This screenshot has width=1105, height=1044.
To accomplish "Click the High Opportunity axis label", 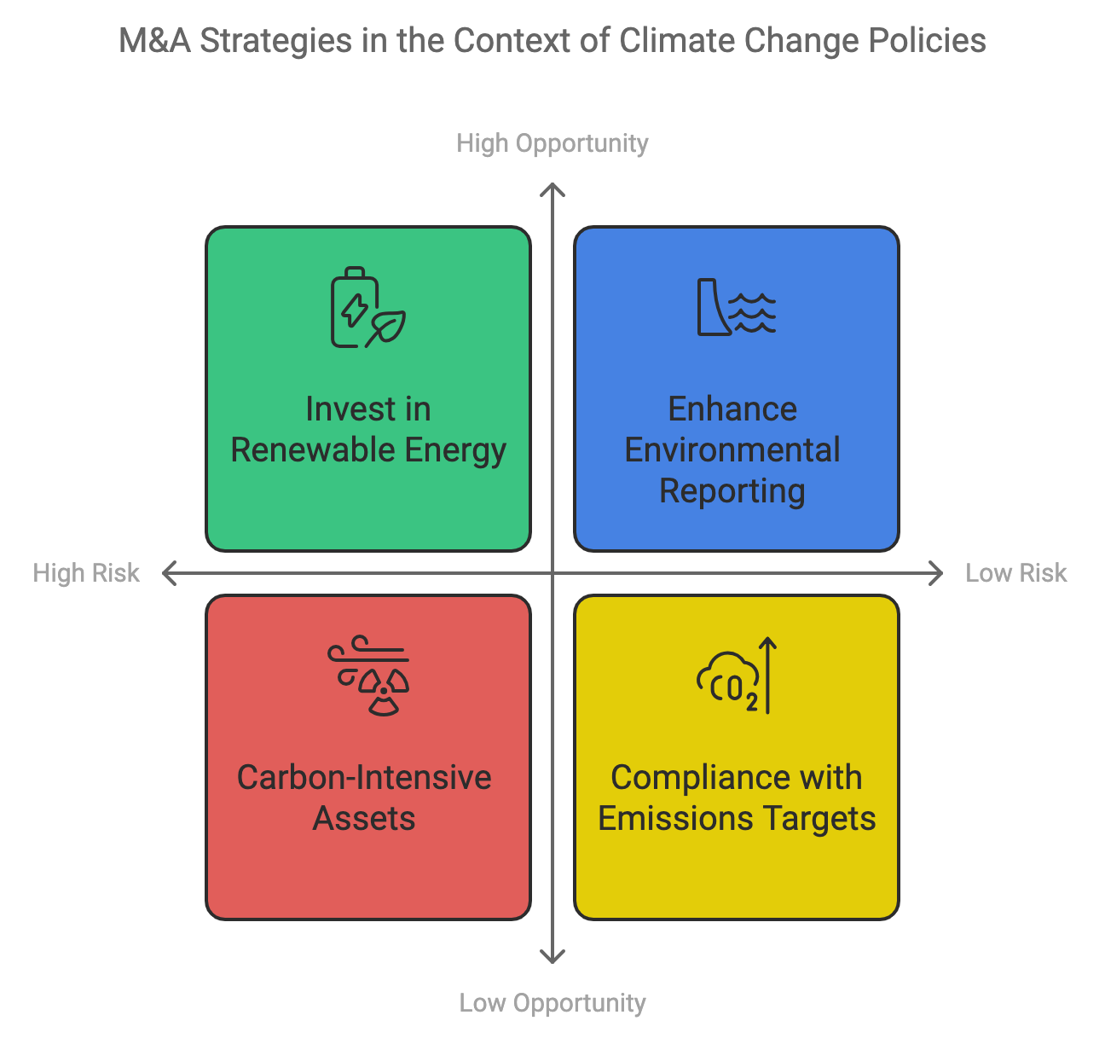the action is click(x=552, y=143).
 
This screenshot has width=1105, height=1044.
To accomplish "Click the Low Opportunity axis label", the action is click(x=552, y=1003).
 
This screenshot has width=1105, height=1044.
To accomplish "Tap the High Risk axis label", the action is click(x=85, y=573).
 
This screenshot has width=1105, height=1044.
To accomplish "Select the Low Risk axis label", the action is click(x=1016, y=573).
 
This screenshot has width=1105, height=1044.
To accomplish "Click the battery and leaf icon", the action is click(x=367, y=307).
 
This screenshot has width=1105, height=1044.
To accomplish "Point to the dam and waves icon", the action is click(x=736, y=307).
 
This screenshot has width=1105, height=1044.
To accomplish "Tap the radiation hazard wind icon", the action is click(x=367, y=676).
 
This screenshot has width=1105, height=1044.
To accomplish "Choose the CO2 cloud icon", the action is click(x=736, y=676).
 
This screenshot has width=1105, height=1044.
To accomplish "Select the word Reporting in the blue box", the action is click(x=732, y=491).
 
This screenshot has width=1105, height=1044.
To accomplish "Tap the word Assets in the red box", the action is click(x=364, y=819).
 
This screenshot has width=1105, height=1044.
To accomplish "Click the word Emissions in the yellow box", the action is click(x=675, y=819).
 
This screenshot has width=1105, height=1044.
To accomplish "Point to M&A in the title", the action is click(x=154, y=41).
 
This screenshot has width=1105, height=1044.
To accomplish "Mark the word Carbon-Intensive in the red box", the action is click(x=364, y=777).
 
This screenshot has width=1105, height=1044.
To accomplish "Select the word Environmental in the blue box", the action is click(x=732, y=449).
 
